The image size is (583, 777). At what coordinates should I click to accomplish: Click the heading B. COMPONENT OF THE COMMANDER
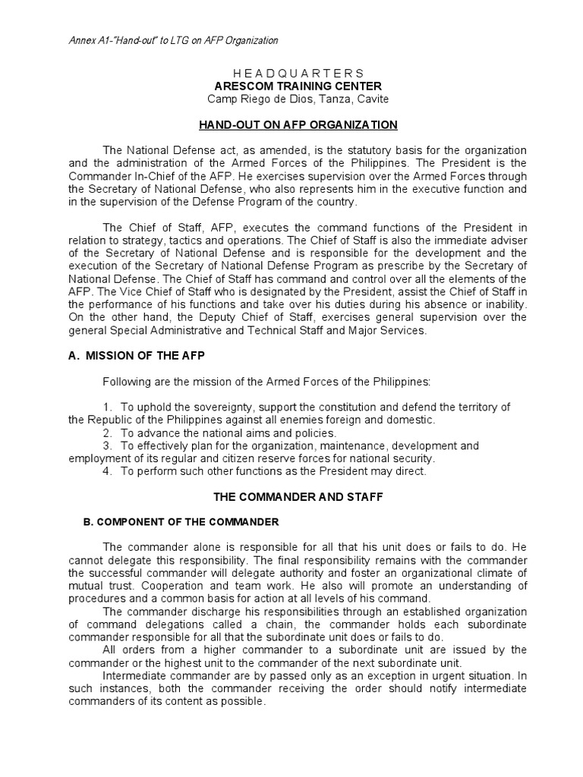coord(181,522)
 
